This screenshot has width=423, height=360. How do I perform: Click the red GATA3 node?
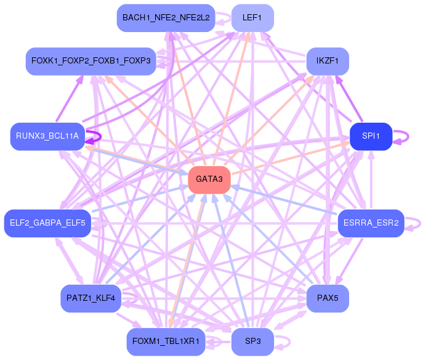[x=209, y=179]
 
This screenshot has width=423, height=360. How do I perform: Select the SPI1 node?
[x=371, y=136]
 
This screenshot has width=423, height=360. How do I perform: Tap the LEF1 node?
[x=252, y=18]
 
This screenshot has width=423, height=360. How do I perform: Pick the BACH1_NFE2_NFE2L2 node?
[x=166, y=18]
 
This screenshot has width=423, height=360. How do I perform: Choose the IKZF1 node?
[x=328, y=61]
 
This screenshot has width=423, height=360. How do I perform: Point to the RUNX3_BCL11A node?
[x=47, y=136]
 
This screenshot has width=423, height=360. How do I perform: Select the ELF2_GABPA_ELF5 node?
[x=47, y=223]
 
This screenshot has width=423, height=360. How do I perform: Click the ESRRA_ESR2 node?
[x=371, y=223]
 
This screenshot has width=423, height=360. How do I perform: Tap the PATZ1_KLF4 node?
[x=91, y=298]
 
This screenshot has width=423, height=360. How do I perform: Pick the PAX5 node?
[x=328, y=298]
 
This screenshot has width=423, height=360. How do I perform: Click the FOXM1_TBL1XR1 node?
[x=166, y=342]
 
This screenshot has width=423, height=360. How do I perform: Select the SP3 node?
[x=252, y=342]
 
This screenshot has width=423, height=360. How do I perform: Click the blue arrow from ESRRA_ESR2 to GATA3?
[x=283, y=199]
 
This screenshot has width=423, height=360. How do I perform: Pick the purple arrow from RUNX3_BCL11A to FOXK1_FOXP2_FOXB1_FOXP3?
[x=68, y=99]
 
